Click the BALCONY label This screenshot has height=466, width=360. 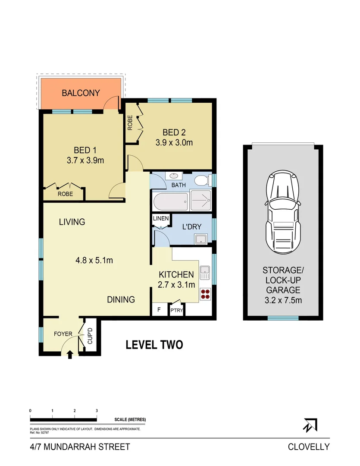81,93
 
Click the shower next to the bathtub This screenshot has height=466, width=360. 200,201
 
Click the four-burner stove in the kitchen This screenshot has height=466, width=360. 206,294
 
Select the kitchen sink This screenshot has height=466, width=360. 205,273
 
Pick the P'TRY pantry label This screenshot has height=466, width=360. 176,310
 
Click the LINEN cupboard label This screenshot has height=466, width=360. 161,219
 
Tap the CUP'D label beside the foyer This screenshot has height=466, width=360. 91,336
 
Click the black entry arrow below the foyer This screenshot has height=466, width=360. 70,354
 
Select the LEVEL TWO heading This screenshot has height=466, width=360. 154,345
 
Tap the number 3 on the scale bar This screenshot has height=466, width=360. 97,410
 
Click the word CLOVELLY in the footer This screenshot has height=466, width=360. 309,447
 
